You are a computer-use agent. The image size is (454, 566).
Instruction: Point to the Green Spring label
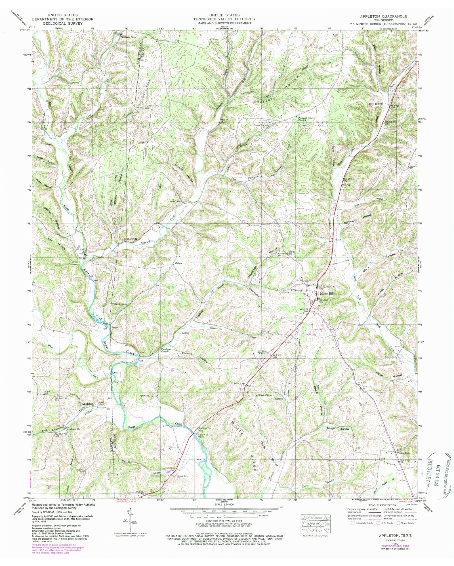[x=130, y=239]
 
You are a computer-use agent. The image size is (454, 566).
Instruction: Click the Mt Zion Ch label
[x=80, y=250]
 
